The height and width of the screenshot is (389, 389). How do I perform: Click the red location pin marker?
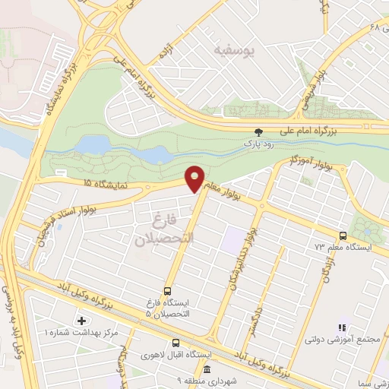[194, 177]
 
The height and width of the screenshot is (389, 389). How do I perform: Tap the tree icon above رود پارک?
[259, 131]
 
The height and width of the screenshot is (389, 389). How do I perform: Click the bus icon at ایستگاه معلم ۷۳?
[343, 236]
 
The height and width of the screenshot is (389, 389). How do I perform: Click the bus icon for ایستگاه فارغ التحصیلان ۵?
[167, 290]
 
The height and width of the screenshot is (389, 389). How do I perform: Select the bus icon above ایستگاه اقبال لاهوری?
[176, 343]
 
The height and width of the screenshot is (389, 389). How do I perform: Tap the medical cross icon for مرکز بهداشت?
[81, 321]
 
